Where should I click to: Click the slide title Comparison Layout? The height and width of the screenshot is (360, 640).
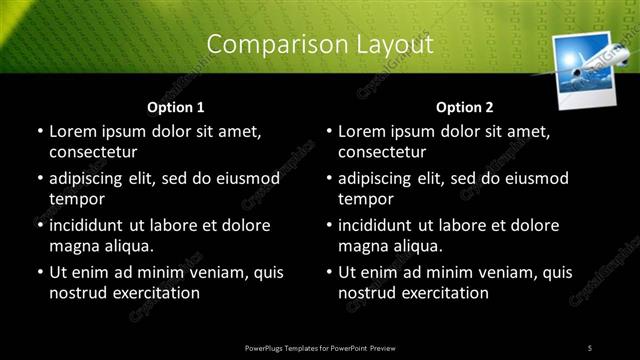[x=320, y=45]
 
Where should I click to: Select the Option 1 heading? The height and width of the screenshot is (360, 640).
[x=176, y=106]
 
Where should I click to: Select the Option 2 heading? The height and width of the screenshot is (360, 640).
[x=465, y=106]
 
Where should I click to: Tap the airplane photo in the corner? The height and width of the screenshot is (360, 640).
[x=583, y=68]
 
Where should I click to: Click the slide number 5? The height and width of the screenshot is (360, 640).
[x=590, y=347]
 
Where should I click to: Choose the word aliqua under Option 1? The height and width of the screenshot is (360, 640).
[x=127, y=246]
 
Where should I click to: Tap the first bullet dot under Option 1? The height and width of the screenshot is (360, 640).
[x=39, y=132]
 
